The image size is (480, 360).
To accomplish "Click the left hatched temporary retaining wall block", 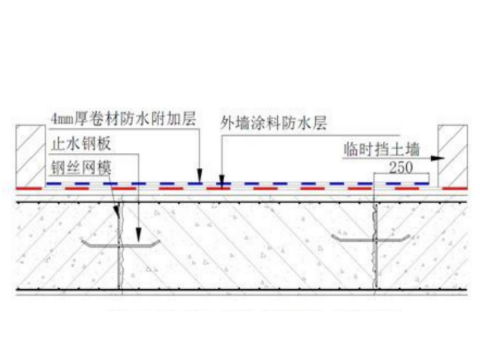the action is (28, 153).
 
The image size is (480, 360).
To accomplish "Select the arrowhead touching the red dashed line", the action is (222, 185).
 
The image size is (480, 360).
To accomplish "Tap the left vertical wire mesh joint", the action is (119, 265).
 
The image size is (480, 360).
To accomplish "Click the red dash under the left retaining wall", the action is (28, 189).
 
